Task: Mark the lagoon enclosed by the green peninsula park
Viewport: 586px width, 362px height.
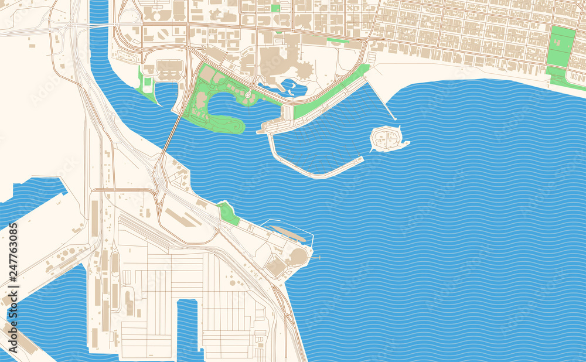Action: [x=226, y=105]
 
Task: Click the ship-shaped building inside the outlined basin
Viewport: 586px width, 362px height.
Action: [x=288, y=233]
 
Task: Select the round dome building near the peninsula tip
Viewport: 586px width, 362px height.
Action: [x=298, y=256]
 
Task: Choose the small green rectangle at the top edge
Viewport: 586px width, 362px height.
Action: [x=275, y=8]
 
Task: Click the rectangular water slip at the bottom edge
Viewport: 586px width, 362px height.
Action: [x=187, y=328]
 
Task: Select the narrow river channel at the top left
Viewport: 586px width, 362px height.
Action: [x=99, y=35]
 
